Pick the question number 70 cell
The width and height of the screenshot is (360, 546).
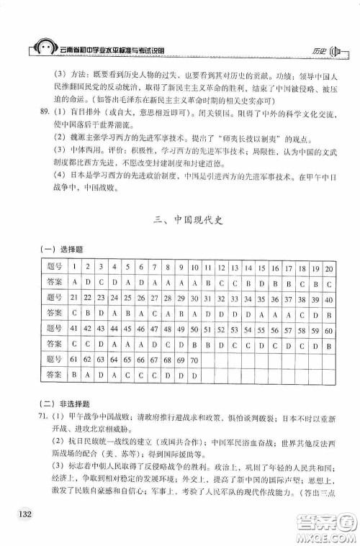click(x=194, y=359)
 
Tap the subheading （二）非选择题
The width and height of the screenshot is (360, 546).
click(x=64, y=404)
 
